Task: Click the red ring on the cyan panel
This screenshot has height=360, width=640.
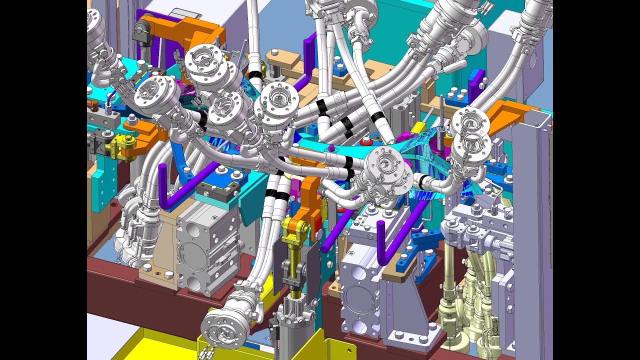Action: [x=367, y=140]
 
